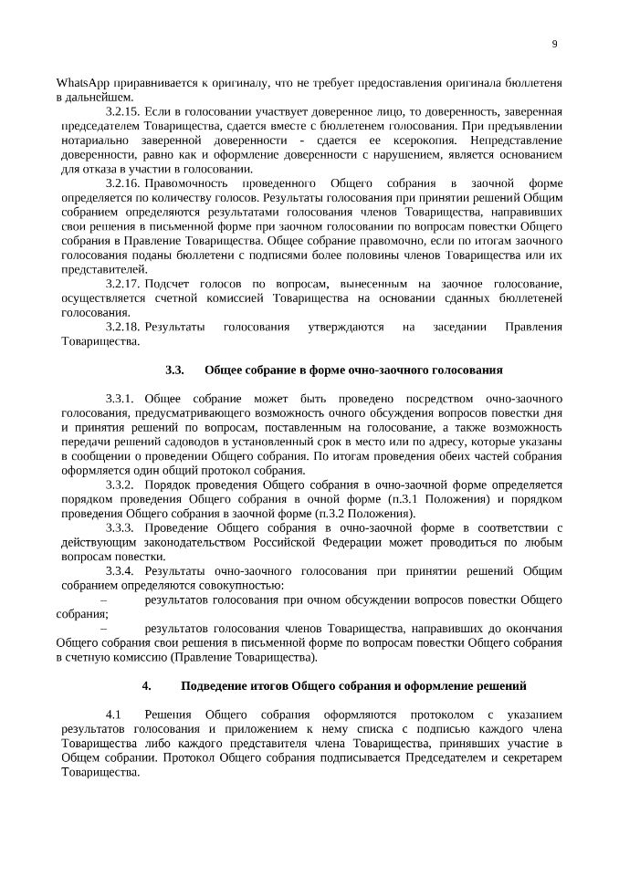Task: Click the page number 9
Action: pyautogui.click(x=555, y=44)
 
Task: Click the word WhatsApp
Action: pyautogui.click(x=83, y=83)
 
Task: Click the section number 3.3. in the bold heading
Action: pyautogui.click(x=174, y=370)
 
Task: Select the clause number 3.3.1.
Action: pyautogui.click(x=121, y=400)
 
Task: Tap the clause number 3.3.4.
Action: pyautogui.click(x=121, y=570)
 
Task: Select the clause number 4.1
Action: pyautogui.click(x=114, y=714)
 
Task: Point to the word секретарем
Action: pyautogui.click(x=532, y=757)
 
